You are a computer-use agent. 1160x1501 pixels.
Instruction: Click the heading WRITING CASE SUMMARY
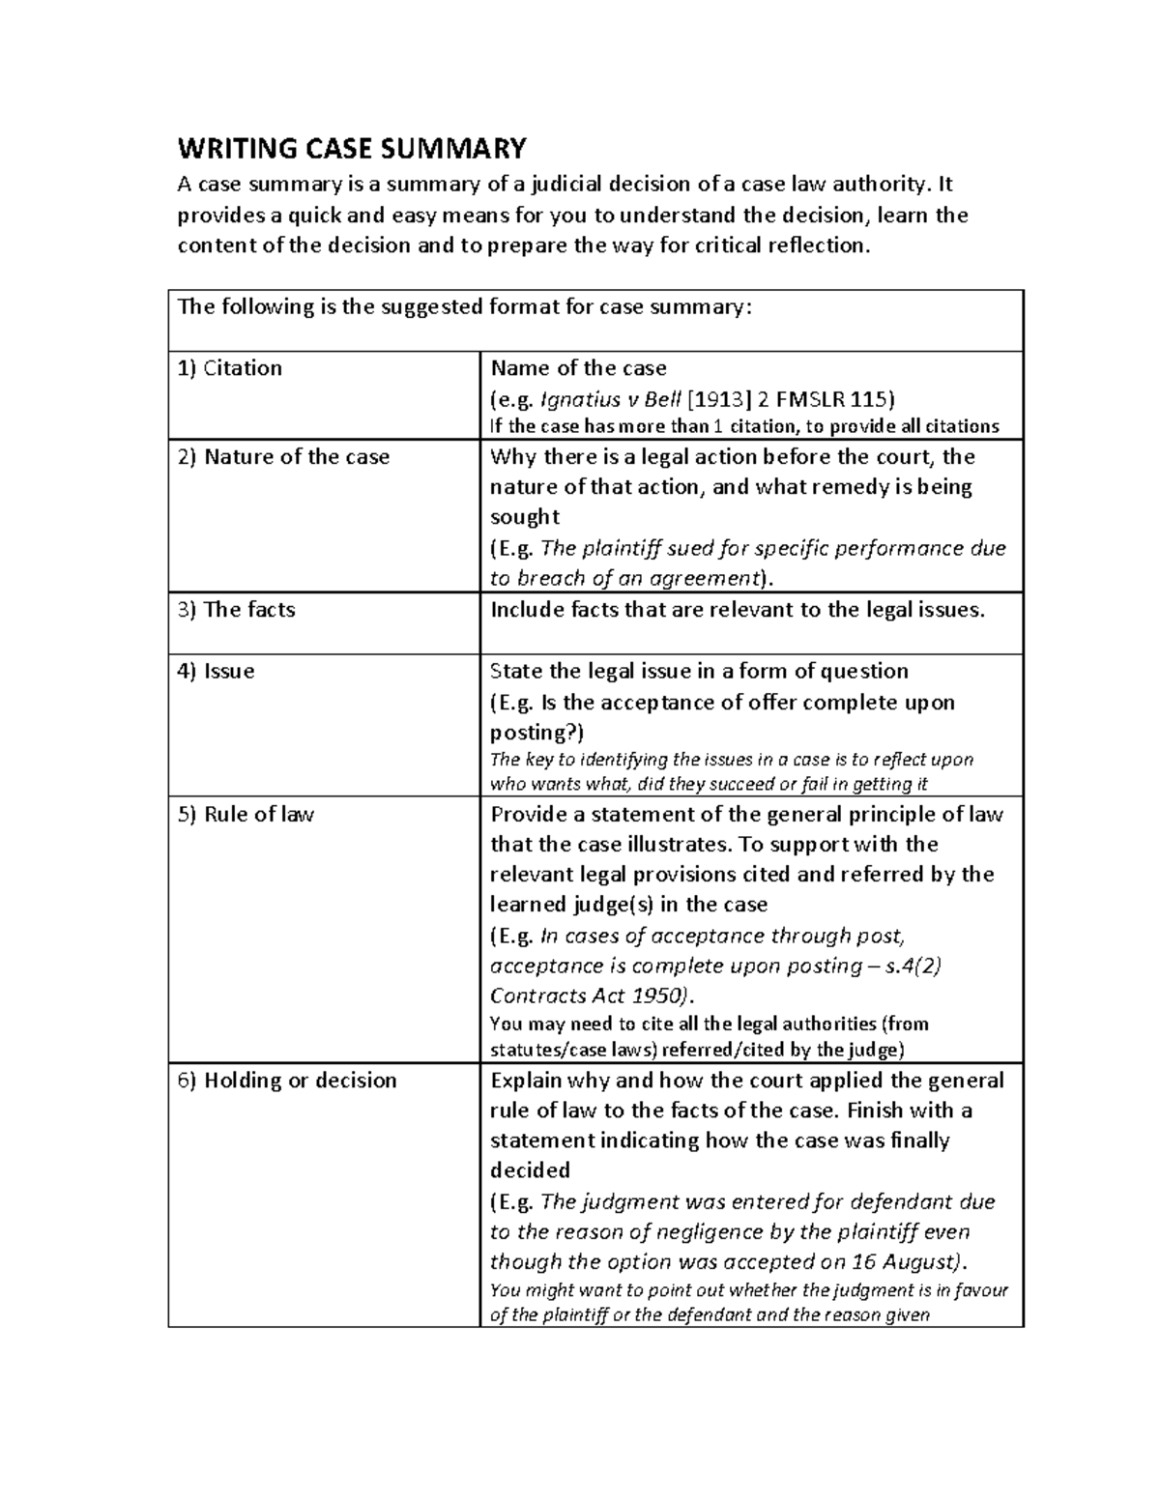point(352,149)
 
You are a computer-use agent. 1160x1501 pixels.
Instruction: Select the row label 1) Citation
point(230,368)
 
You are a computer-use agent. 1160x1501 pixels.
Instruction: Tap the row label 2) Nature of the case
point(283,457)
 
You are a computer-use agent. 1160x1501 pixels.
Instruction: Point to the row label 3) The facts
point(237,610)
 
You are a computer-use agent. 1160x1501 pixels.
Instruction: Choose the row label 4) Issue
point(217,672)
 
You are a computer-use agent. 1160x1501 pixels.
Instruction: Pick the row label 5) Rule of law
point(246,815)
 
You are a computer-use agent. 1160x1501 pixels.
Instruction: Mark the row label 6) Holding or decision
point(287,1081)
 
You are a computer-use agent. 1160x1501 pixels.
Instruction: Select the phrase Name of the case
point(579,368)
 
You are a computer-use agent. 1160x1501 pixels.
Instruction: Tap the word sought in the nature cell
point(525,517)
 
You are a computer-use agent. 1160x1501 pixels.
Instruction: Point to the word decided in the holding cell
point(531,1170)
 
